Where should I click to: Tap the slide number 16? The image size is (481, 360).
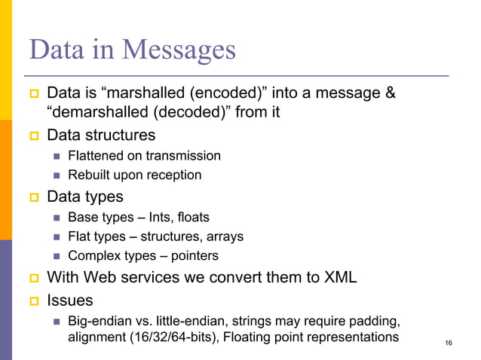(x=449, y=343)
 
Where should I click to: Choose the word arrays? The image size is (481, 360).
(x=224, y=236)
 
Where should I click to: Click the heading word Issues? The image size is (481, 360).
(x=69, y=300)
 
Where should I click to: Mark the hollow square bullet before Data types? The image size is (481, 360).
(x=32, y=197)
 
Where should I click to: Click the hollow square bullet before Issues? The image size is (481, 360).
(x=32, y=301)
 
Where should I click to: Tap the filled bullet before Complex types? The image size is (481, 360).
(x=57, y=257)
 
